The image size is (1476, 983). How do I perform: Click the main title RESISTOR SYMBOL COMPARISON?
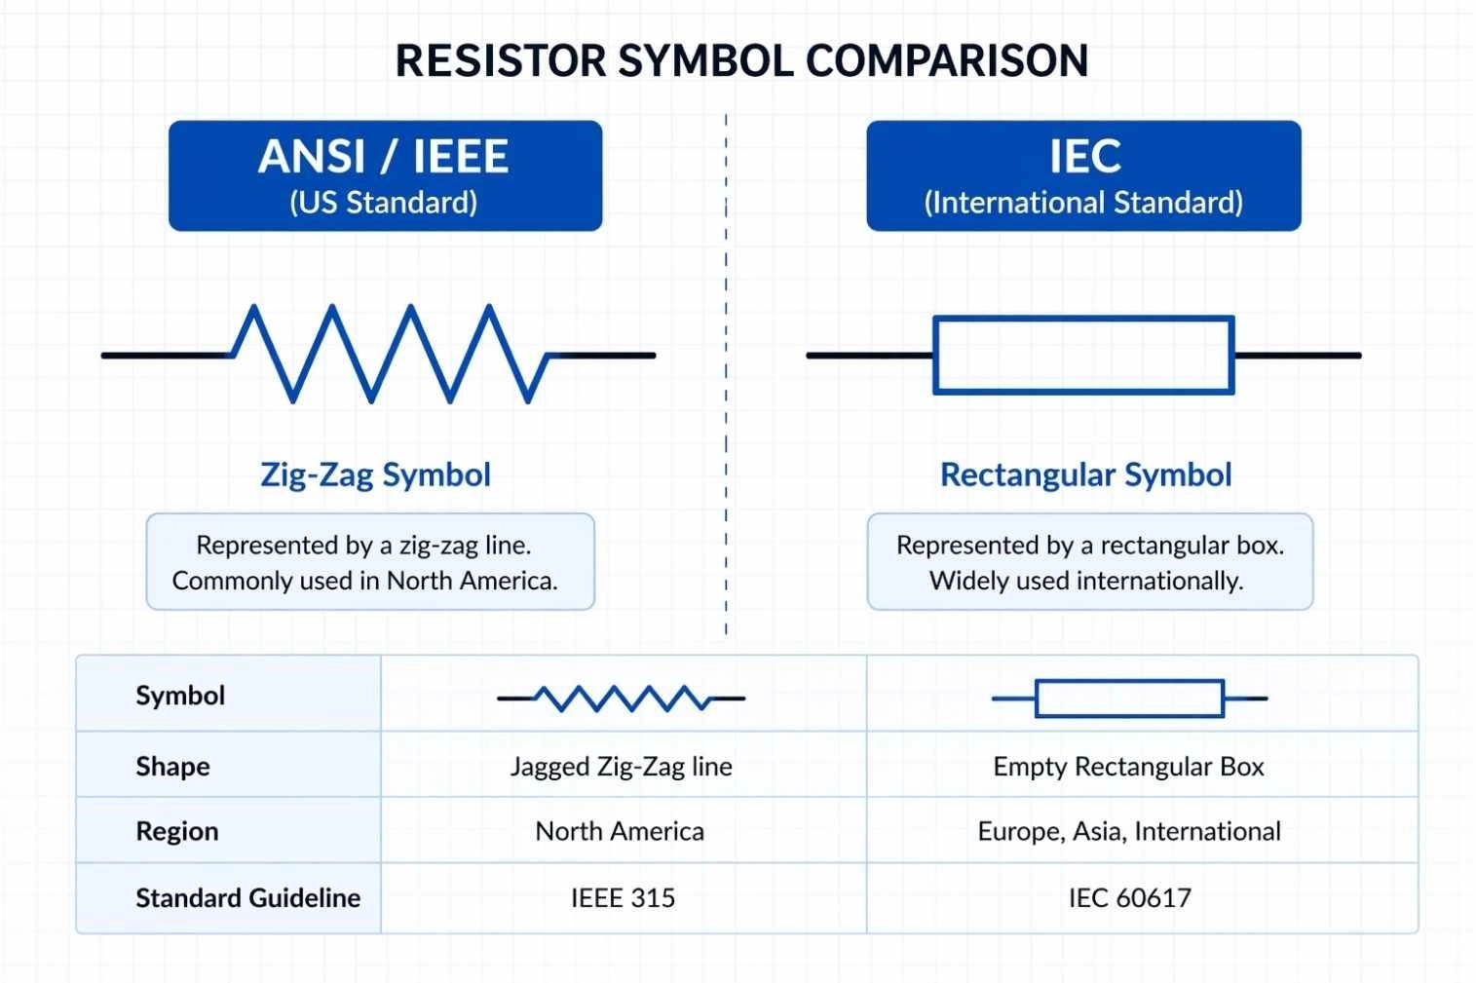pyautogui.click(x=741, y=60)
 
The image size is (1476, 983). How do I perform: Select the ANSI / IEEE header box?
pyautogui.click(x=385, y=175)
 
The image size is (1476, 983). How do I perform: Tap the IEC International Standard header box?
pyautogui.click(x=1083, y=175)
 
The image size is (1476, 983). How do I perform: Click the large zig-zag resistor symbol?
pyautogui.click(x=390, y=354)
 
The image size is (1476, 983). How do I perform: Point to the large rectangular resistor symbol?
pyautogui.click(x=1083, y=356)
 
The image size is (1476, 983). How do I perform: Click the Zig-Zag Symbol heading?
pyautogui.click(x=375, y=474)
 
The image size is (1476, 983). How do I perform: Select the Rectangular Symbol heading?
pyautogui.click(x=1085, y=474)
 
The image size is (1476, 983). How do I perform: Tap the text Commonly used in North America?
pyautogui.click(x=365, y=581)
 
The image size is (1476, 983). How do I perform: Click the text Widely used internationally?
pyautogui.click(x=1086, y=581)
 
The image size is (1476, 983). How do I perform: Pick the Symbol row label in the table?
pyautogui.click(x=180, y=696)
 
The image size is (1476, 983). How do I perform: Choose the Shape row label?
pyautogui.click(x=172, y=766)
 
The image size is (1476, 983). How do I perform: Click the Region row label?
pyautogui.click(x=176, y=831)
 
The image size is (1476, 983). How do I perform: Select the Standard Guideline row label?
pyautogui.click(x=247, y=897)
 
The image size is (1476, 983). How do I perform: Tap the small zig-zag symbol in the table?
pyautogui.click(x=622, y=699)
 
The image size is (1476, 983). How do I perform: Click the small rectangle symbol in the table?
pyautogui.click(x=1129, y=699)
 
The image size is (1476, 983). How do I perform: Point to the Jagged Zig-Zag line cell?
pyautogui.click(x=622, y=766)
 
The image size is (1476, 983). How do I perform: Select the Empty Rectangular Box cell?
pyautogui.click(x=1128, y=766)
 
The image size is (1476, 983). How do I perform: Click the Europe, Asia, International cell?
pyautogui.click(x=1129, y=831)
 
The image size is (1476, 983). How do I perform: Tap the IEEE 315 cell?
pyautogui.click(x=623, y=897)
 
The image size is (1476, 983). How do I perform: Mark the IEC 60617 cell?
pyautogui.click(x=1129, y=897)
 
